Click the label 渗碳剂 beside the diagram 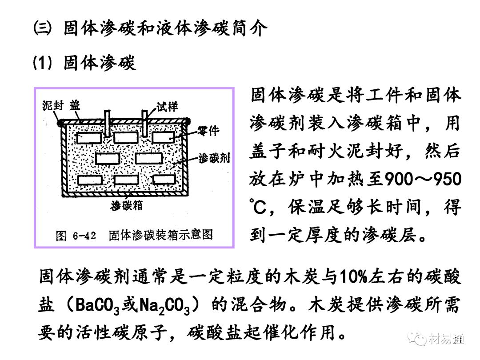click(213, 157)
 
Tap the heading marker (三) click(43, 30)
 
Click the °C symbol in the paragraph click(258, 207)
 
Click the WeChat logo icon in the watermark click(419, 340)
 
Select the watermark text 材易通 click(447, 340)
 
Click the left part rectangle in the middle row click(108, 158)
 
